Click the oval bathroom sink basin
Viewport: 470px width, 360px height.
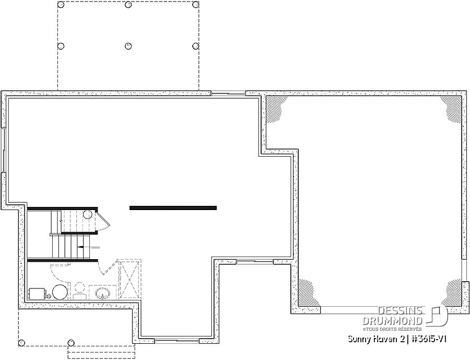pos(103,293)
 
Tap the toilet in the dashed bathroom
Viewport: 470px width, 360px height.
pos(79,291)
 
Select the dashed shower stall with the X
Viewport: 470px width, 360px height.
pos(130,279)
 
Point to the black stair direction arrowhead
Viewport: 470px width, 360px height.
pos(80,247)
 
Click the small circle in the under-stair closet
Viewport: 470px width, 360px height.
pos(88,214)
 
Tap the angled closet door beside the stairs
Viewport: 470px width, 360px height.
pos(104,222)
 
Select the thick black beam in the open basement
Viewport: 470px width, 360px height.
pos(173,207)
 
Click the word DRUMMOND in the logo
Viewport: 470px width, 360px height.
pos(392,321)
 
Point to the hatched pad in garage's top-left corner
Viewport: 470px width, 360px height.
pos(274,108)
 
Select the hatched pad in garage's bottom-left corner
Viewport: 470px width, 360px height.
pos(305,291)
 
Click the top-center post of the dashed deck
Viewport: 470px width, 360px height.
pos(128,5)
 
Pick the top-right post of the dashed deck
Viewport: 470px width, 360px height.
pos(195,5)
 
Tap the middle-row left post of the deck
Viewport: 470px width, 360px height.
pos(61,46)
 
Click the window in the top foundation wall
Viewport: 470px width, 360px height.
pos(229,94)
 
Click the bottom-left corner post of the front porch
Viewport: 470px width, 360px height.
pos(21,343)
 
